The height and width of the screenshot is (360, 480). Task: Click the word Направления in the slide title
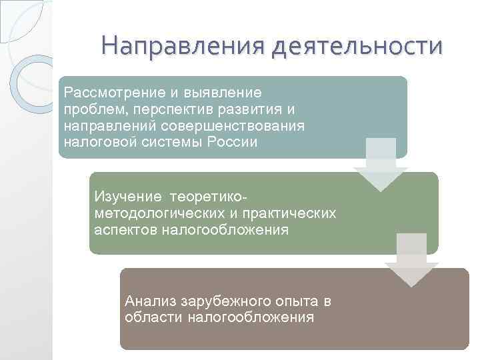tap(177, 47)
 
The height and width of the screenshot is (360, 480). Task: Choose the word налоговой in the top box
tap(96, 142)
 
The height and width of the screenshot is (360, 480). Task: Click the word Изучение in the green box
tap(128, 197)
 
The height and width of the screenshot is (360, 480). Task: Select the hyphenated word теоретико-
tap(209, 197)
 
